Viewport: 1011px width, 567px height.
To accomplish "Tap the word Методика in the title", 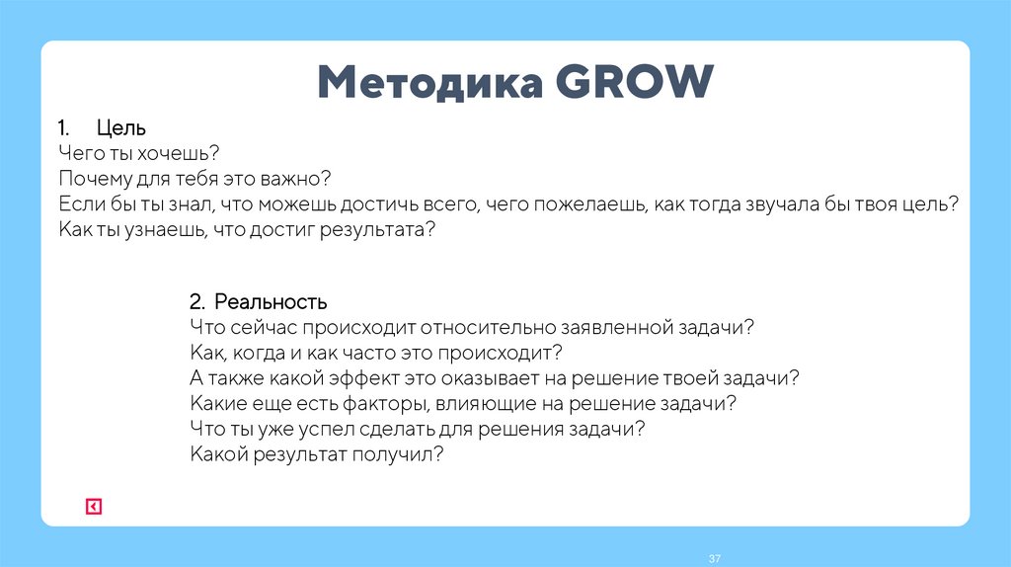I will pyautogui.click(x=431, y=83).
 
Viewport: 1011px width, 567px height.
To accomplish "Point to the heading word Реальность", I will pyautogui.click(x=271, y=300).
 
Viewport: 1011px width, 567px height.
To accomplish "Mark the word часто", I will pyautogui.click(x=381, y=352).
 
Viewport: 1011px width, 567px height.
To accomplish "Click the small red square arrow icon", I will pyautogui.click(x=93, y=507).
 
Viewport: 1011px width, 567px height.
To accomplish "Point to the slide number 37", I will pyautogui.click(x=714, y=560).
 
